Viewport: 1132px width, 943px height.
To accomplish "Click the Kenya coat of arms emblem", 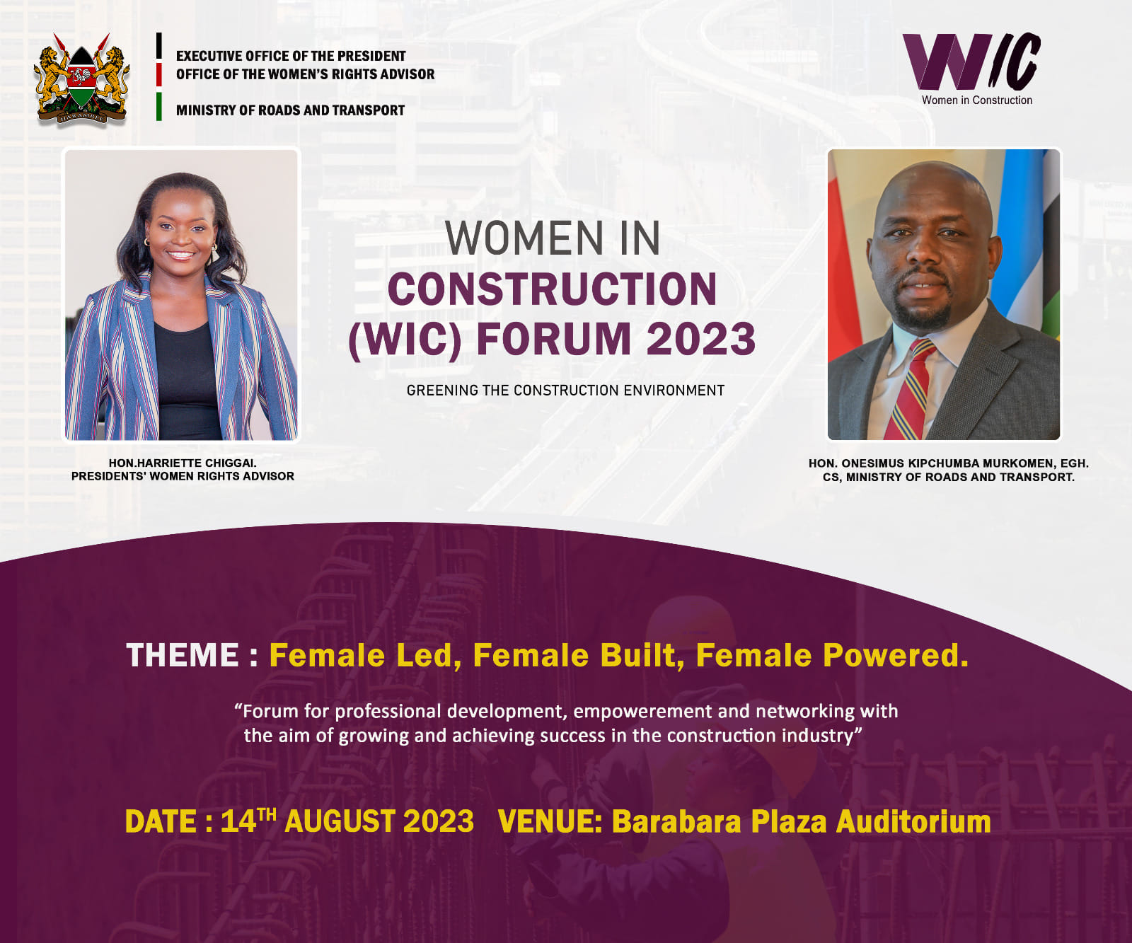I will pos(82,79).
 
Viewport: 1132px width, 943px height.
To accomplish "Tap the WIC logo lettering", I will pos(971,62).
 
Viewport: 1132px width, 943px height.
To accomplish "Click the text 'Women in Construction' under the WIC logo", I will pos(976,100).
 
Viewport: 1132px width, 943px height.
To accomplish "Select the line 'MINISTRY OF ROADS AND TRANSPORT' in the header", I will pos(290,110).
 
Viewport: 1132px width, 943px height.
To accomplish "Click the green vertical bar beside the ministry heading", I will pos(159,107).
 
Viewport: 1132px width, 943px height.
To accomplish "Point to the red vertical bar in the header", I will pos(159,74).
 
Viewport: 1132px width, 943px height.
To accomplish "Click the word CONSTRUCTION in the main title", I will pos(552,290).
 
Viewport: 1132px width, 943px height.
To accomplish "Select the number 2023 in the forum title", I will pos(700,339).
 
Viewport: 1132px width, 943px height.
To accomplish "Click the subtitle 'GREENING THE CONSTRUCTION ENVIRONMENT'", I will pos(565,390).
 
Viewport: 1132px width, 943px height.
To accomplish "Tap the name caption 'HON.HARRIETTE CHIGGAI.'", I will pos(183,463).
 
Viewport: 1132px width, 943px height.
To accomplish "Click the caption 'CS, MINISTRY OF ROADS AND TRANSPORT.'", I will pos(948,478).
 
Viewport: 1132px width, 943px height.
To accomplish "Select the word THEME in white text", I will pos(183,655).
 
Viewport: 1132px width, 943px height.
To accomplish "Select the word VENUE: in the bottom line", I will pos(550,822).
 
